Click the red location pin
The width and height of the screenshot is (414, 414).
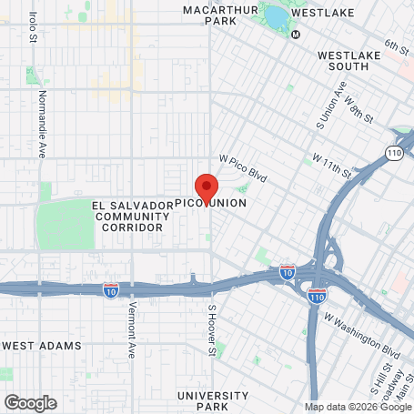tap(206, 188)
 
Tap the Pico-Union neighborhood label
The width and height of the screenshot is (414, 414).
tap(209, 203)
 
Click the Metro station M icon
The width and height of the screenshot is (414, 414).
tap(296, 35)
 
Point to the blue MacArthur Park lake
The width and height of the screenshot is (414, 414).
tap(276, 16)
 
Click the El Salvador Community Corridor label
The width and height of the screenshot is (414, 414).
tap(132, 217)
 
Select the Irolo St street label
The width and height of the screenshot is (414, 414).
tap(33, 27)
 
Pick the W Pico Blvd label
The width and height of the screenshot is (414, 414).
tap(244, 167)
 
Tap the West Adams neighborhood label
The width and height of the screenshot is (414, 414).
tap(42, 346)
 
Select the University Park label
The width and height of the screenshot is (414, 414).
tap(213, 401)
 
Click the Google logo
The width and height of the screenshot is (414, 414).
tap(30, 402)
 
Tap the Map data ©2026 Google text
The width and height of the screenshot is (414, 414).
tap(358, 407)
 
